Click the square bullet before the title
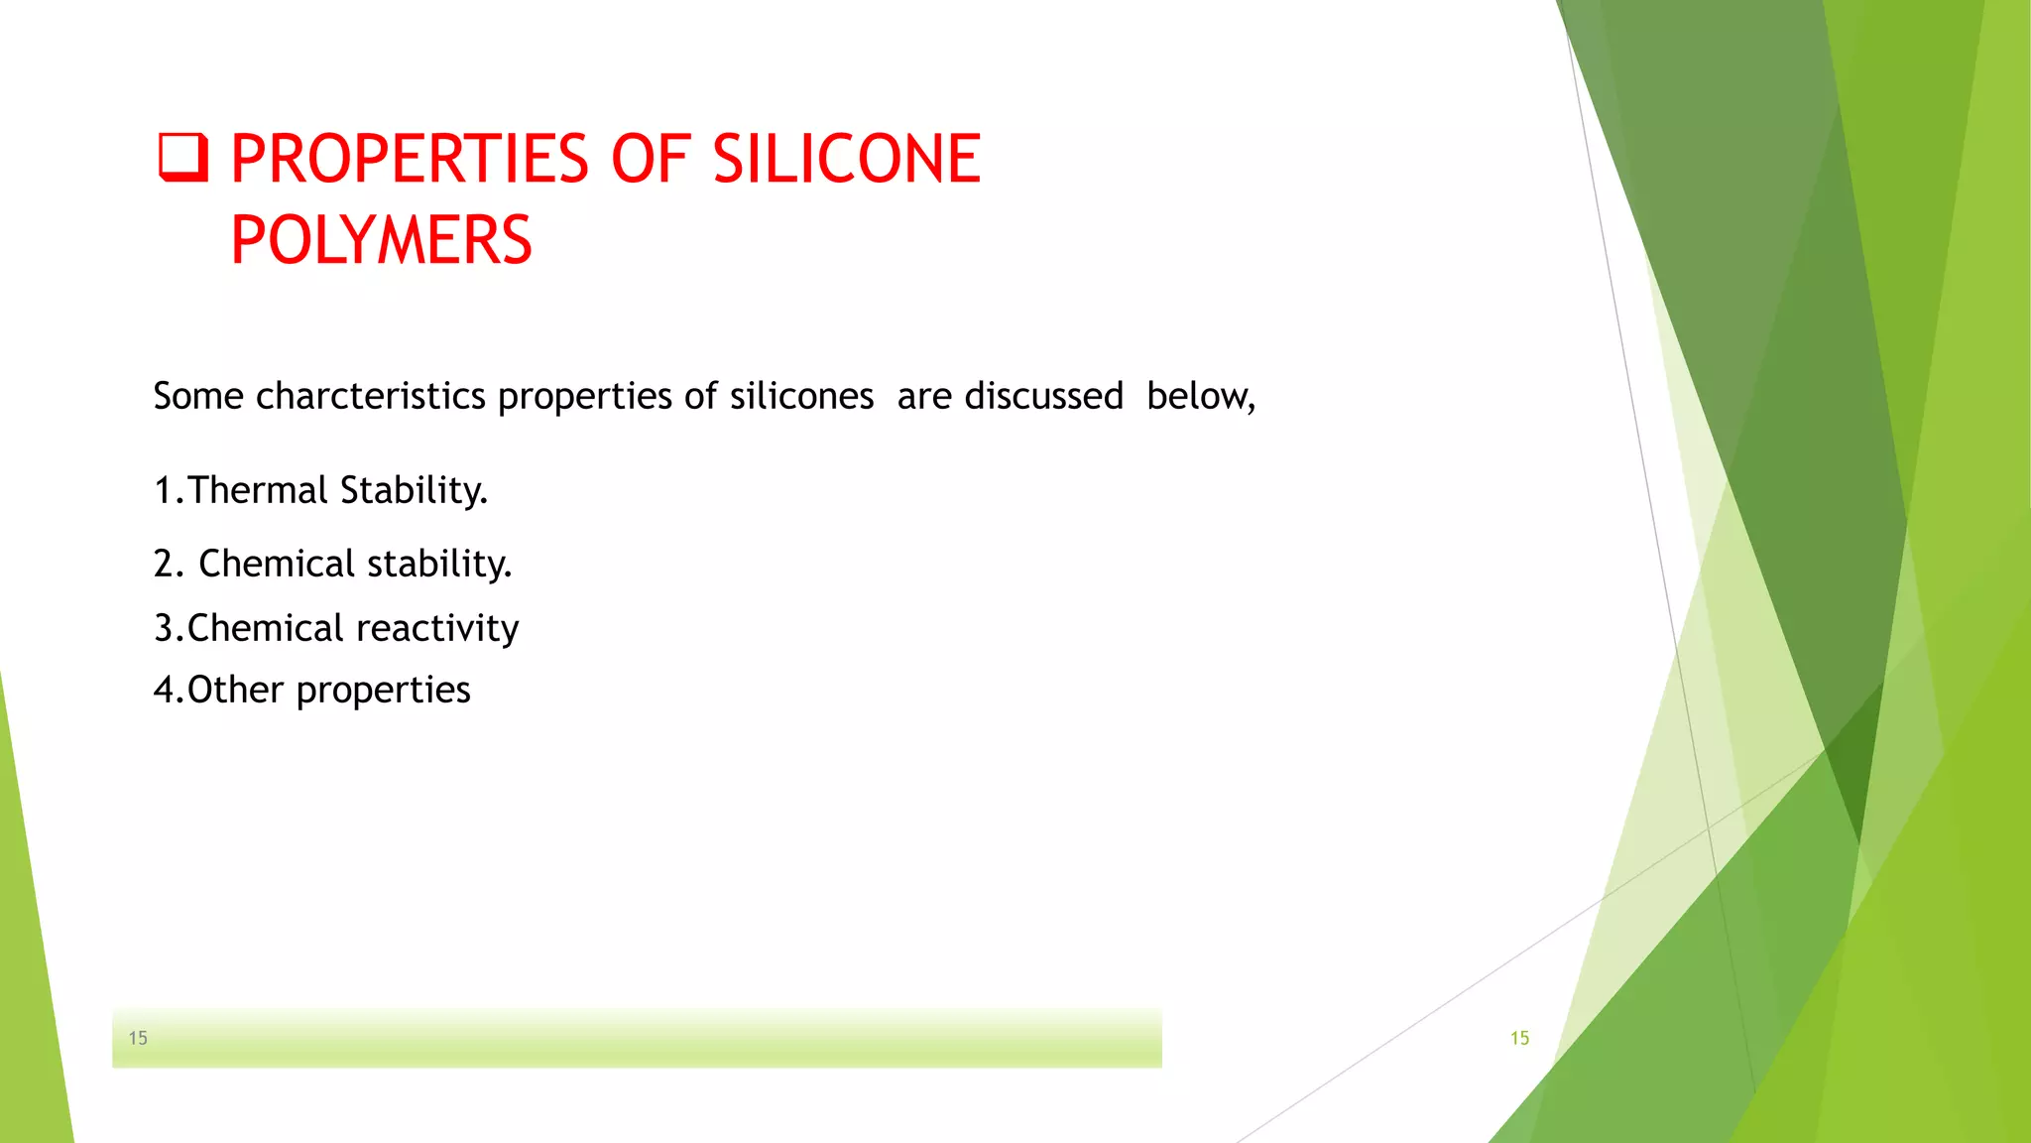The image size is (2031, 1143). [183, 159]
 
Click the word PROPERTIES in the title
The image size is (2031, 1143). [410, 159]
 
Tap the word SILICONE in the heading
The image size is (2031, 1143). [847, 159]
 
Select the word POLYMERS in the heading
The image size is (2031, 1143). [381, 240]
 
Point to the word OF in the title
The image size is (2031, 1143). [651, 159]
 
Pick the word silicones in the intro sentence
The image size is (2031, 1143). [801, 396]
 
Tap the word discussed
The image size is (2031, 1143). [1043, 396]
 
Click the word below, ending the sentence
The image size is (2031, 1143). [1200, 396]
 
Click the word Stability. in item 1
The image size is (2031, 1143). [414, 490]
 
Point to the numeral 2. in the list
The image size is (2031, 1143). [169, 564]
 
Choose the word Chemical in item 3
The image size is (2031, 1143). [266, 628]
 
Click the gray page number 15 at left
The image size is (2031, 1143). [138, 1038]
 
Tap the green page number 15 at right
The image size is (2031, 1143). [1519, 1038]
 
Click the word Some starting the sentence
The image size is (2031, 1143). [198, 396]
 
